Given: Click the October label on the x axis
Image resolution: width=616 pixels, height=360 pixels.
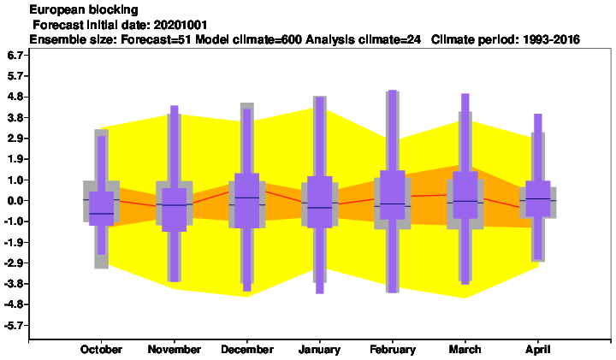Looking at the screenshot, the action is click(x=101, y=350).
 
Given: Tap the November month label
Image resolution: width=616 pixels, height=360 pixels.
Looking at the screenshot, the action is click(x=174, y=350).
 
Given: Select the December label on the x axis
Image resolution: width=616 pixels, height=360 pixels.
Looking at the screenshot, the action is click(x=247, y=350).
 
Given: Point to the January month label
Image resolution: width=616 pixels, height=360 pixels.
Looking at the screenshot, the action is click(x=319, y=350).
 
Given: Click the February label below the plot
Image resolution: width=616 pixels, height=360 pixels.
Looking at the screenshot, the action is click(x=393, y=350).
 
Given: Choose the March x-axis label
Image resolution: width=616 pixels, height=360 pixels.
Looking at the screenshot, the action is click(x=465, y=350).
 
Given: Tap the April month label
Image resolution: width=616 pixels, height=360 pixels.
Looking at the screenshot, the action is click(x=538, y=350).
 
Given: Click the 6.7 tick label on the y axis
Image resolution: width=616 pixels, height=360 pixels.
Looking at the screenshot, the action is click(x=15, y=55).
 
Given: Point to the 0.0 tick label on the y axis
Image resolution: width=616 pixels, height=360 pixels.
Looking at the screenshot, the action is click(x=15, y=201).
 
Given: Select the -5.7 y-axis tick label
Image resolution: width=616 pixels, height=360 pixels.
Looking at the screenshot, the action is click(x=15, y=326).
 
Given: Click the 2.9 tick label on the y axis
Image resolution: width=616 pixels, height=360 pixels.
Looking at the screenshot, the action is click(x=15, y=139).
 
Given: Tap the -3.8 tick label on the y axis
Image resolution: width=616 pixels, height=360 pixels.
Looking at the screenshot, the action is click(x=15, y=284).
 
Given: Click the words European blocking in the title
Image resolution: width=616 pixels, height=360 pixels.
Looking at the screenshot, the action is click(x=84, y=9).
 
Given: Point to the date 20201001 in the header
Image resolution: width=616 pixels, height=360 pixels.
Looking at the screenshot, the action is click(x=181, y=25).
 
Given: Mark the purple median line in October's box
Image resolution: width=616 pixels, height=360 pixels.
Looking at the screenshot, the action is click(x=101, y=214).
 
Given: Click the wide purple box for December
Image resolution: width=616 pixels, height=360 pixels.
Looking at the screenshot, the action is click(x=246, y=201).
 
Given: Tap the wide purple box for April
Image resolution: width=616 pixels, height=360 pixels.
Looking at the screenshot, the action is click(x=538, y=198).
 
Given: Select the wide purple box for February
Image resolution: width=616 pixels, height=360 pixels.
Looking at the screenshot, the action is click(x=393, y=195).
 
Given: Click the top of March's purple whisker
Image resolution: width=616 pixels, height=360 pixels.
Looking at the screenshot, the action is click(x=465, y=94).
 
